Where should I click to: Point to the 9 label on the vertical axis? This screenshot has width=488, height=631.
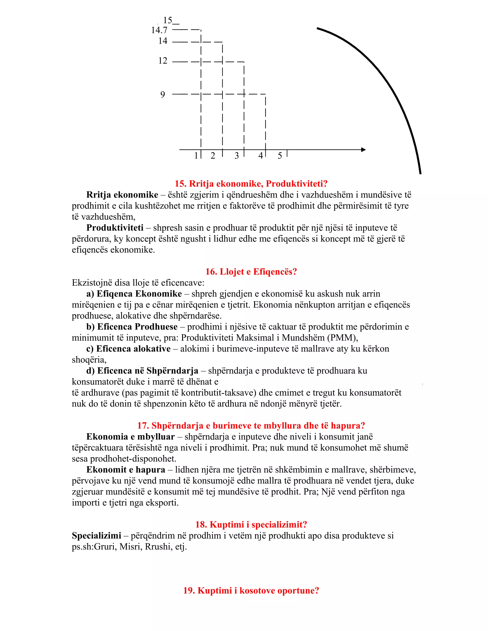tap(163, 95)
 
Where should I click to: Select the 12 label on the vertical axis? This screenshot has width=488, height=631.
tap(163, 61)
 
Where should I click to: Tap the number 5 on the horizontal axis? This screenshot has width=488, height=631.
tap(280, 156)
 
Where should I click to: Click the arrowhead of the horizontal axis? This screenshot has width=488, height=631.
tap(363, 150)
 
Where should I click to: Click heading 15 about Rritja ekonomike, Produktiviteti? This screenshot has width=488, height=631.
tap(251, 184)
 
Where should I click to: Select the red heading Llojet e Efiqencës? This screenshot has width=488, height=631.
tap(251, 272)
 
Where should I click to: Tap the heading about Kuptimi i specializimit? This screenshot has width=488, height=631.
tap(251, 524)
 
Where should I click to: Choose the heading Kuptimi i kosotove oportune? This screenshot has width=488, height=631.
tap(251, 590)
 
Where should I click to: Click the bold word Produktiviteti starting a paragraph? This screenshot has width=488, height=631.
tap(115, 228)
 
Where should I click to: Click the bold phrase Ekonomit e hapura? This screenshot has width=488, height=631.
tap(126, 470)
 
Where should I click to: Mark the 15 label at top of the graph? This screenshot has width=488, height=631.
tap(168, 20)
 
